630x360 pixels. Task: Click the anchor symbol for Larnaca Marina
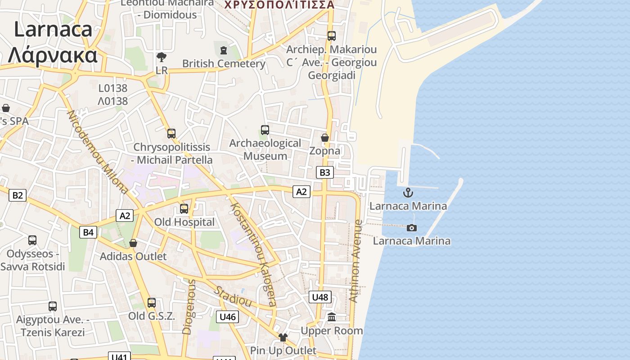click(408, 193)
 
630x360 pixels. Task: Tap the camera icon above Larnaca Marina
click(411, 228)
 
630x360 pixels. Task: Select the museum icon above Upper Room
click(332, 317)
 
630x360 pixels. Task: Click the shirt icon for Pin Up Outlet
click(283, 337)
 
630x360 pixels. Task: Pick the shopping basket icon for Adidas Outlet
click(133, 243)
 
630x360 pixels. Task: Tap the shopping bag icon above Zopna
click(324, 137)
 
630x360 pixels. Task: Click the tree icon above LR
click(161, 57)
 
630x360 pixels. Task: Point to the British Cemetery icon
click(224, 50)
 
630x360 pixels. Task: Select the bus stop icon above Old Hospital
click(184, 209)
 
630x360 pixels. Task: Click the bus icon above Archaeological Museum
click(265, 130)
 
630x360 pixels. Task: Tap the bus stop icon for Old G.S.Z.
click(152, 303)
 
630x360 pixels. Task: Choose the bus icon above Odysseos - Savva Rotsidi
click(32, 240)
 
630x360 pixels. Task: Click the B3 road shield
click(324, 172)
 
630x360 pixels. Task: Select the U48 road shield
click(320, 297)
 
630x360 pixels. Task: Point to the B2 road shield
click(17, 195)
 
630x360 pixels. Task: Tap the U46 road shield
click(228, 317)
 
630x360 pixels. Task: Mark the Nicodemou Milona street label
click(97, 152)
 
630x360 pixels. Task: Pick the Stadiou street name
click(232, 296)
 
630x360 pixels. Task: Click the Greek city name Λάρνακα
click(53, 55)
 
